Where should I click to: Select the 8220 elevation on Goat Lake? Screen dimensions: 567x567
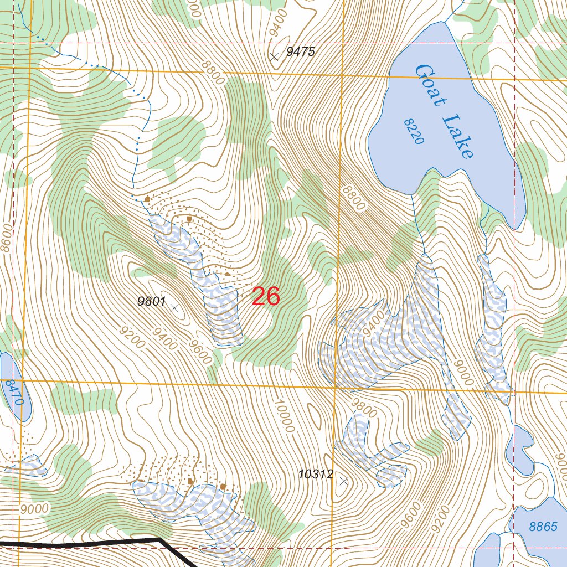point(414,131)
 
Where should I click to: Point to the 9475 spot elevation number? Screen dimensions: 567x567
point(301,52)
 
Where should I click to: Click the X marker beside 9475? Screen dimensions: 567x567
point(274,56)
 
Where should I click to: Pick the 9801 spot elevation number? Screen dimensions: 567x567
point(152,302)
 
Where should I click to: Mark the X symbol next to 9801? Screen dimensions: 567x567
point(174,307)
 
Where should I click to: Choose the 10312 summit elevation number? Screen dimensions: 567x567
point(316,474)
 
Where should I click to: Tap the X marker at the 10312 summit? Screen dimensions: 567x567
point(344,481)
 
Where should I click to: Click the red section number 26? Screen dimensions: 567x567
point(266,297)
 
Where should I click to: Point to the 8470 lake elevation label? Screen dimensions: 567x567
point(16,391)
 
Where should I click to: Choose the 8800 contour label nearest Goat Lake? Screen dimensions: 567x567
point(354,198)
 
